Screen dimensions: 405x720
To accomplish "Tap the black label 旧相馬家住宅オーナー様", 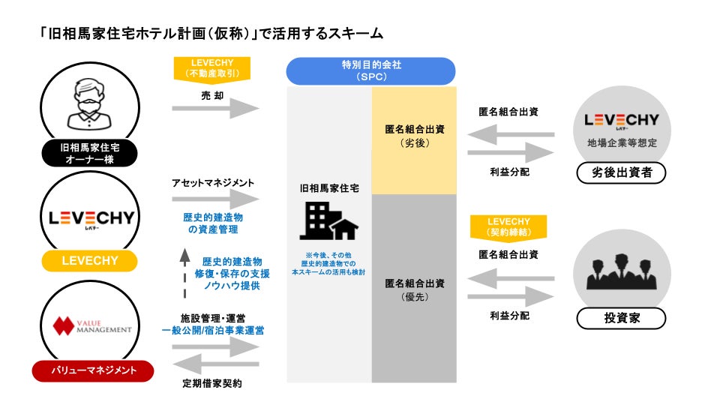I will click(x=90, y=152).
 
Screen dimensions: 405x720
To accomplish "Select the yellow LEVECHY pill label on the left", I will click(x=89, y=260).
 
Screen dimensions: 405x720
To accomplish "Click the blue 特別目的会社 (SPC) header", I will click(x=371, y=71).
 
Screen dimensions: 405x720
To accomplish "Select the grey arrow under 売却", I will click(x=215, y=108).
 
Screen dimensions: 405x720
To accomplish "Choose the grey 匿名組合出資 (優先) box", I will click(x=414, y=289).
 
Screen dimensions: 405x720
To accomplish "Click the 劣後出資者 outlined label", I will click(x=621, y=174).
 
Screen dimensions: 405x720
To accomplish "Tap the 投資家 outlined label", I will click(x=621, y=318).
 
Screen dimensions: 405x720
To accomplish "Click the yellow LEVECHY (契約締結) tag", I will click(x=508, y=226).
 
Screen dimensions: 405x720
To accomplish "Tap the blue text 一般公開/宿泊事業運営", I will click(x=212, y=329).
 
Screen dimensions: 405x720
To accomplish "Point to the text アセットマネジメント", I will click(x=213, y=182).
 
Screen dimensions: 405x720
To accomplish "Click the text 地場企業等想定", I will click(x=621, y=142).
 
